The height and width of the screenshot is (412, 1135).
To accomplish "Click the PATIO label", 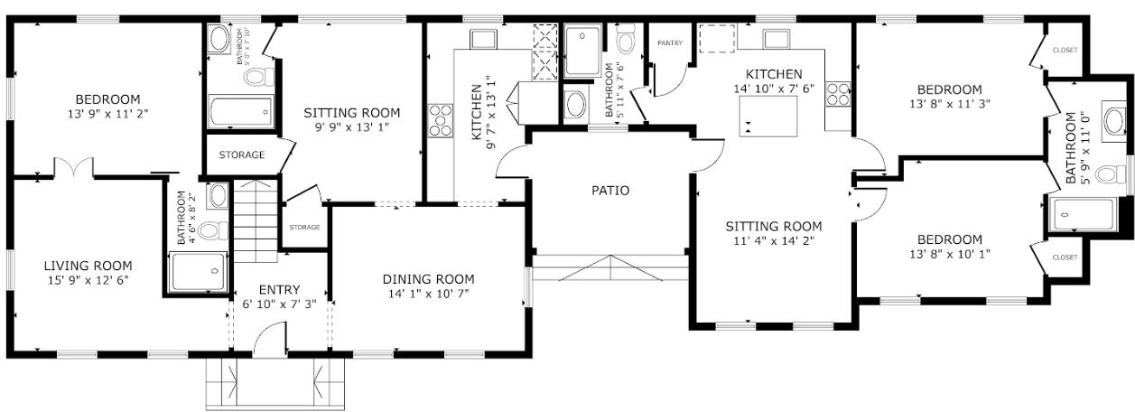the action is point(610,191).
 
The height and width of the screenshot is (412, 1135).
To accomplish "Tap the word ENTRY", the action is point(279,290).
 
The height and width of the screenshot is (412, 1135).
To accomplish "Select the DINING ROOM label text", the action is point(428,279).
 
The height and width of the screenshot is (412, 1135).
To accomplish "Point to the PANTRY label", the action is point(670,43).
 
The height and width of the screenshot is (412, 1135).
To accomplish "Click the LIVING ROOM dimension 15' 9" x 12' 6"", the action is point(88,280).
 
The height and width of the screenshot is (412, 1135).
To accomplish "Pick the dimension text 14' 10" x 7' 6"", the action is point(774,89).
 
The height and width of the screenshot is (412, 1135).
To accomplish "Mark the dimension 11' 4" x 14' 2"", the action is point(774,240).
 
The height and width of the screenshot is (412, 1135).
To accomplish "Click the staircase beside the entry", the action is point(256,221).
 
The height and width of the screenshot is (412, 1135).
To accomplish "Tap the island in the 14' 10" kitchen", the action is point(768,116).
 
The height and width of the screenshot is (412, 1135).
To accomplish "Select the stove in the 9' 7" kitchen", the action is point(441,120).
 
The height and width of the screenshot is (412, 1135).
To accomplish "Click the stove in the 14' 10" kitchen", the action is point(838,94).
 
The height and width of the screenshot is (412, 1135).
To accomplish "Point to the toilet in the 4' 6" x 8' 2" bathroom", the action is point(213,231).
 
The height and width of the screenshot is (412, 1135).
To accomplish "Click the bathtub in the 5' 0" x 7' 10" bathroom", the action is point(241,111).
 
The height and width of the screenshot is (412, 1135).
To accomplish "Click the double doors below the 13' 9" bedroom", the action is point(74,168).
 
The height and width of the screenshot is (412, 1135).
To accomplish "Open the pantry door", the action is point(669,80).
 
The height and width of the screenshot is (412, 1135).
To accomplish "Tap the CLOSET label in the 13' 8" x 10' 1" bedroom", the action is point(1065,257).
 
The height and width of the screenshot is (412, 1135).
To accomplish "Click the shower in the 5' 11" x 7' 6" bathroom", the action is point(582,51).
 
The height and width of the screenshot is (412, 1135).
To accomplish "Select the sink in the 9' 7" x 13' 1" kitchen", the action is point(483,39).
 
